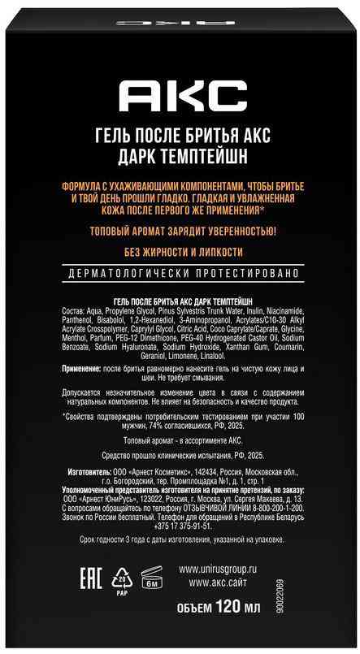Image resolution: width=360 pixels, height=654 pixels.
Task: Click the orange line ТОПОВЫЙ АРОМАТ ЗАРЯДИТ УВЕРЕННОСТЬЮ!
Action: [180, 230]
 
